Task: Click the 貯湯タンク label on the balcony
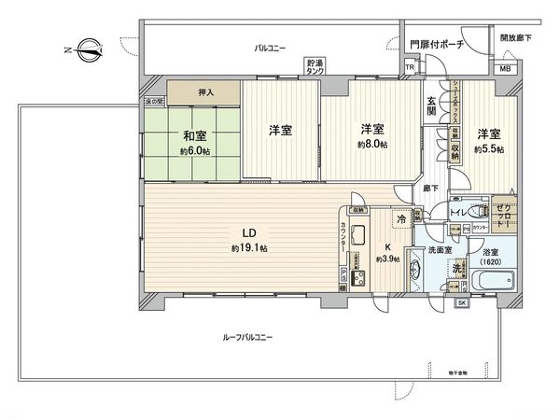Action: point(316,68)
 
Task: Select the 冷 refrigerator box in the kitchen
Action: point(401,220)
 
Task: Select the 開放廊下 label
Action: point(516,38)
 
